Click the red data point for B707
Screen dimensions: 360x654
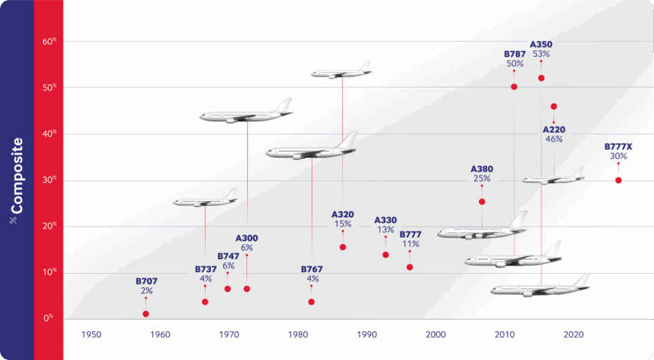pyautogui.click(x=146, y=313)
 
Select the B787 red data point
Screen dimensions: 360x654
pyautogui.click(x=514, y=87)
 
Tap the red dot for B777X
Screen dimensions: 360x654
pyautogui.click(x=618, y=180)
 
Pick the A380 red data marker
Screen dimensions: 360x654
pyautogui.click(x=482, y=202)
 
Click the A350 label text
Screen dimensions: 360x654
pyautogui.click(x=541, y=45)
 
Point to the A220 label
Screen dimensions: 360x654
pyautogui.click(x=554, y=130)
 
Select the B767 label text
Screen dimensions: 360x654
pyautogui.click(x=312, y=269)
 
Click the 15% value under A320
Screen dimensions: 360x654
pyautogui.click(x=343, y=224)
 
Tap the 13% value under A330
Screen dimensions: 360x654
pyautogui.click(x=386, y=230)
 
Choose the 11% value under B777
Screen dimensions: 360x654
pyautogui.click(x=410, y=244)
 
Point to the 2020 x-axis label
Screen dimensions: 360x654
pyautogui.click(x=574, y=334)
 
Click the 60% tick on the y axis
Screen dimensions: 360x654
pyautogui.click(x=49, y=42)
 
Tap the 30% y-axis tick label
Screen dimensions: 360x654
pyautogui.click(x=49, y=180)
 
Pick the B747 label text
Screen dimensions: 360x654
pyautogui.click(x=228, y=256)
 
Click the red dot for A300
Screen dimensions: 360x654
pyautogui.click(x=247, y=289)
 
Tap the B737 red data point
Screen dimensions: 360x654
pyautogui.click(x=205, y=301)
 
